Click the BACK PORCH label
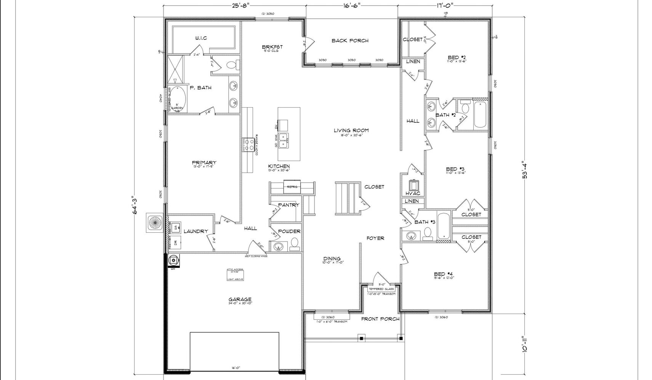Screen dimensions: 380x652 [x=350, y=40]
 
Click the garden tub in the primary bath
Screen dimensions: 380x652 [x=177, y=98]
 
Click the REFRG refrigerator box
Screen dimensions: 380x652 [x=292, y=187]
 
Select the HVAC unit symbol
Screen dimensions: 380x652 [x=413, y=185]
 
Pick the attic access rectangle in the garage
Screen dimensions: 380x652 [x=235, y=274]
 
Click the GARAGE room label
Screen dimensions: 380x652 [x=240, y=299]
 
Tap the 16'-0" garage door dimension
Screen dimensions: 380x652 [x=235, y=368]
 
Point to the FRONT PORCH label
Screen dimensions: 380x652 [x=380, y=319]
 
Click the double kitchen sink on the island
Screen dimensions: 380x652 [x=283, y=140]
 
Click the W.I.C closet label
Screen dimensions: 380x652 [x=201, y=38]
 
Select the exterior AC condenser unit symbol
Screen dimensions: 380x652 [x=155, y=224]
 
